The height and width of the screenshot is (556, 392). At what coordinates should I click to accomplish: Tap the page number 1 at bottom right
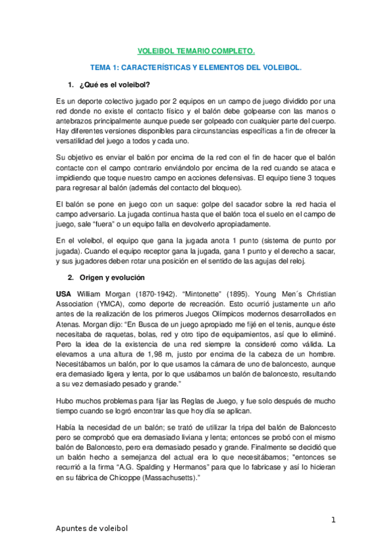point(333,520)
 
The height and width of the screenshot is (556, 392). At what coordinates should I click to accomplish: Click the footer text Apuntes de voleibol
point(91,528)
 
